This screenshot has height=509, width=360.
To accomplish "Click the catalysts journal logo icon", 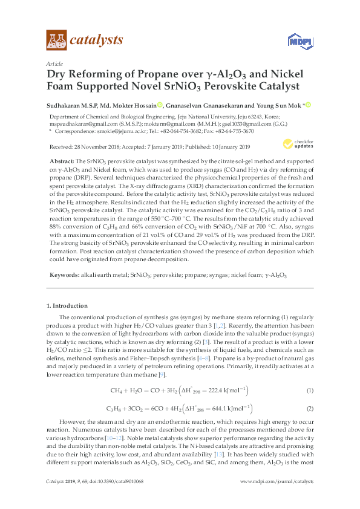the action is [x=56, y=41].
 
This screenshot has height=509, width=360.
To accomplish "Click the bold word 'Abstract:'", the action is [x=61, y=163].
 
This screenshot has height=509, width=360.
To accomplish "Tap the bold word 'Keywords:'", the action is [x=62, y=275].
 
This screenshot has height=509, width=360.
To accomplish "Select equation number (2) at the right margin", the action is [x=310, y=409].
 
